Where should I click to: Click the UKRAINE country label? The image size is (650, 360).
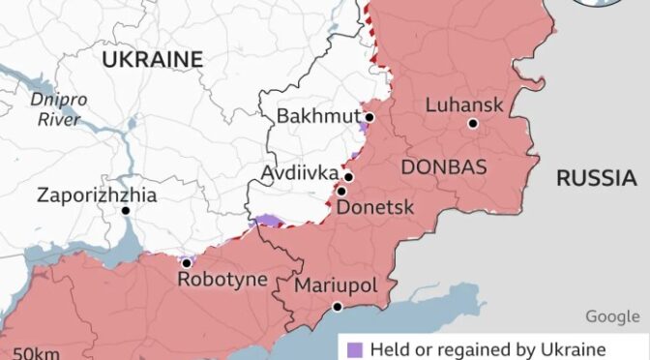(x=153, y=59)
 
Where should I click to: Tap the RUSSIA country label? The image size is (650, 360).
(x=596, y=178)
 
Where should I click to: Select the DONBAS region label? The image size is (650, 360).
(x=443, y=166)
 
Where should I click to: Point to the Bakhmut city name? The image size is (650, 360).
(x=315, y=116)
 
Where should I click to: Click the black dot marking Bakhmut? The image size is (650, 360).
(x=369, y=116)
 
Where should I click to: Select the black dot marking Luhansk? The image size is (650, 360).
(x=472, y=123)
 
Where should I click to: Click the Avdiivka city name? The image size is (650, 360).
(x=300, y=173)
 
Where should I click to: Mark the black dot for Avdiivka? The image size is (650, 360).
(x=348, y=177)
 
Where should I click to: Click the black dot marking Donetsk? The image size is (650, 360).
(x=341, y=192)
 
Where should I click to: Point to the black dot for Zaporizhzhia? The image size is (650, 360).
(x=126, y=210)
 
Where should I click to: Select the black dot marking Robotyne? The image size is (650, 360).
(x=186, y=262)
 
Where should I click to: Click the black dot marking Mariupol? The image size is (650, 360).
(x=338, y=307)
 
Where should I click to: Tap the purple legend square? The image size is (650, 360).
(x=353, y=348)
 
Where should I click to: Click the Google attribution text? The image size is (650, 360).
(x=611, y=316)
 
